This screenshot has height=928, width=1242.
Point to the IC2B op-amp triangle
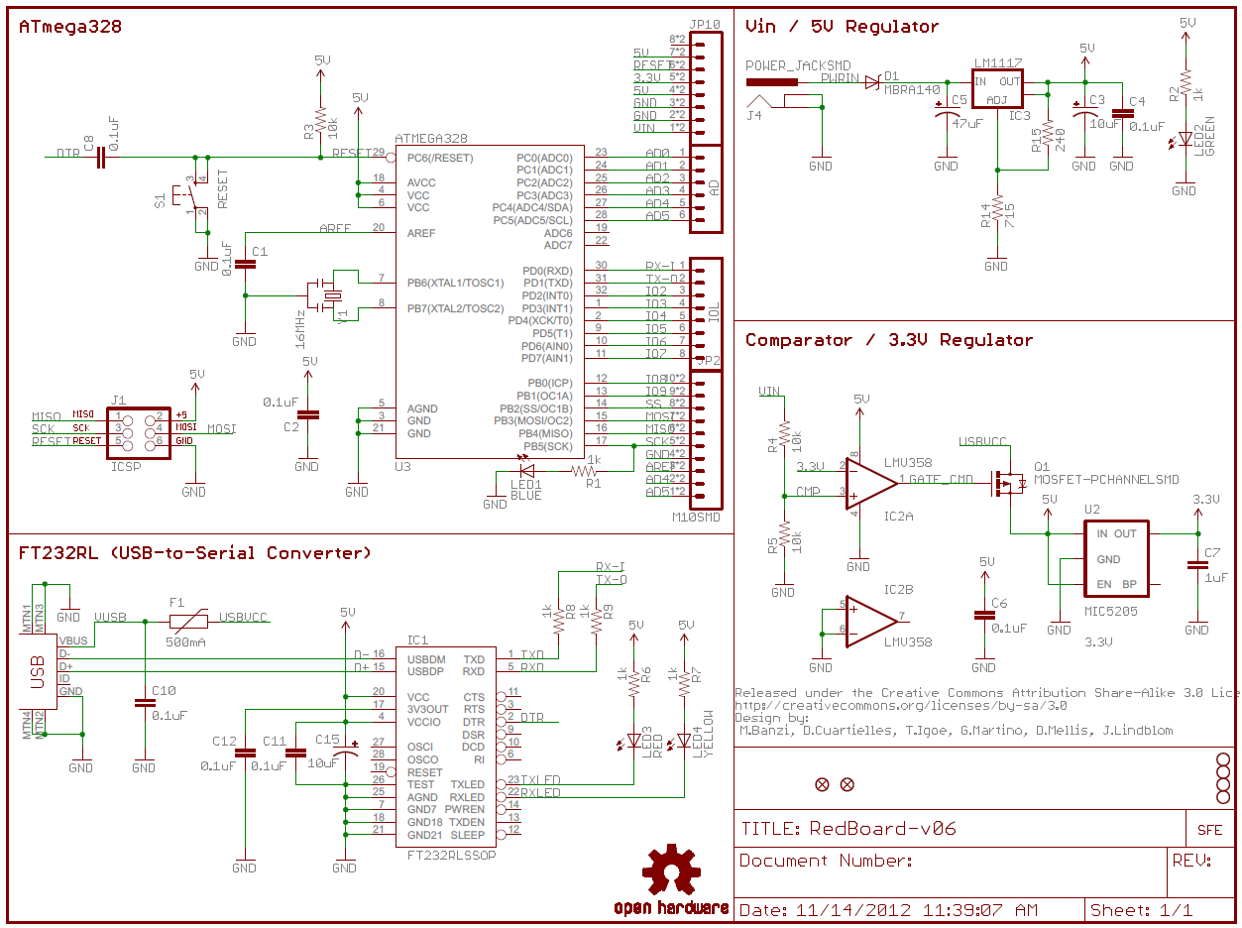pyautogui.click(x=869, y=622)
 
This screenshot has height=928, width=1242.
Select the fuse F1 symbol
pyautogui.click(x=187, y=622)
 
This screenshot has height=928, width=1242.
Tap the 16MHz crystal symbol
pyautogui.click(x=324, y=295)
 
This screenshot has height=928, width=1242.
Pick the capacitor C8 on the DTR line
pyautogui.click(x=100, y=157)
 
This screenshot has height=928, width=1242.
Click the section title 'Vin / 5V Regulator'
pyautogui.click(x=842, y=27)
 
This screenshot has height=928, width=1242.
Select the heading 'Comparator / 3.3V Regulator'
pyautogui.click(x=888, y=340)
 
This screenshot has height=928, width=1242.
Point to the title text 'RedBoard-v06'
pyautogui.click(x=882, y=829)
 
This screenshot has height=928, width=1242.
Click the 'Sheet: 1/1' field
pyautogui.click(x=1141, y=910)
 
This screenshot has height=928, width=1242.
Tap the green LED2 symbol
pyautogui.click(x=1184, y=140)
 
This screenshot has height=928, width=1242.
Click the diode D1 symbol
pyautogui.click(x=872, y=81)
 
